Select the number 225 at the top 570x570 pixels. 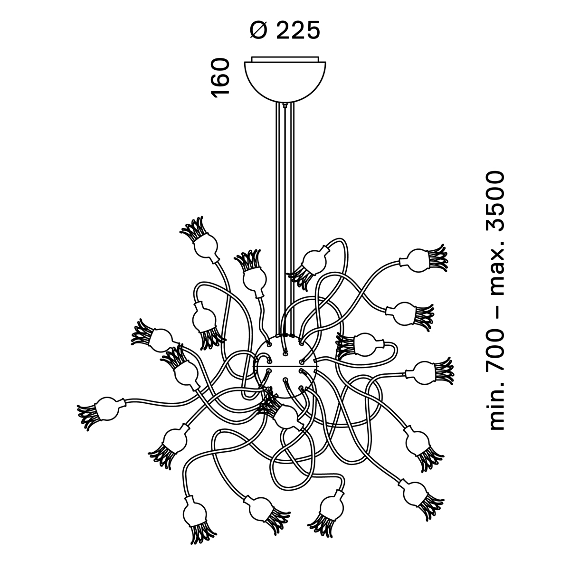pos(298,31)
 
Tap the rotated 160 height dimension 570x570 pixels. pos(221,77)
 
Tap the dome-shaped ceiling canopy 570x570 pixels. pos(285,81)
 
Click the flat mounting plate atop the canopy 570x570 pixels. pos(285,59)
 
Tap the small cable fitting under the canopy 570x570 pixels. pos(284,105)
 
